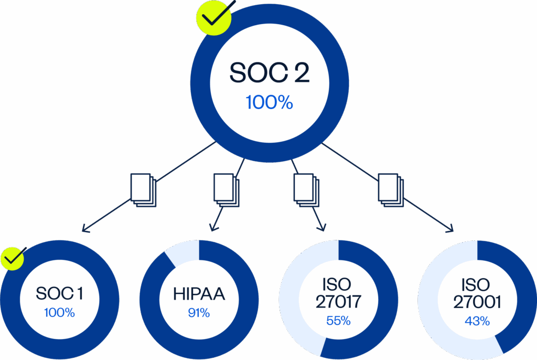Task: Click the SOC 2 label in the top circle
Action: pos(269,73)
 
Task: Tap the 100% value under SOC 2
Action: pos(269,102)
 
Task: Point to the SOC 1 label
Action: pos(59,293)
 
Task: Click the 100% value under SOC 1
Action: pos(59,313)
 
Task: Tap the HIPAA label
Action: pos(199,294)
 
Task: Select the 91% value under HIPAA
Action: pos(199,313)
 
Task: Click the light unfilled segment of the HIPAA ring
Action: pos(181,252)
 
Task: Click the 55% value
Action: pos(338,321)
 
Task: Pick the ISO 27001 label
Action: pos(477,294)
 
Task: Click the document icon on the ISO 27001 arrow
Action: pos(391,190)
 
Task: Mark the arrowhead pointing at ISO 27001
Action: pos(450,229)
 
